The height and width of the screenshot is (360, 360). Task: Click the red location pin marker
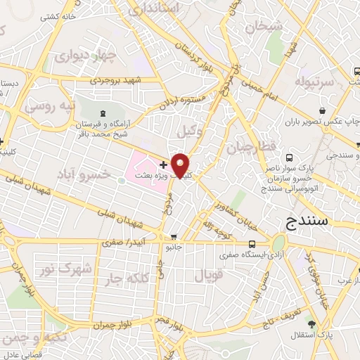(x=181, y=165)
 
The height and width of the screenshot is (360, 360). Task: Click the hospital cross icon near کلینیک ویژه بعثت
(x=163, y=164)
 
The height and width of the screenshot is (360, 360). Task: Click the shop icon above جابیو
(x=173, y=237)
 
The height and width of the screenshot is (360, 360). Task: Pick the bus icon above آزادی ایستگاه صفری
(x=251, y=245)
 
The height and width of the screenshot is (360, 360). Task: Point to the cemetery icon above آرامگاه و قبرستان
(x=103, y=112)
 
